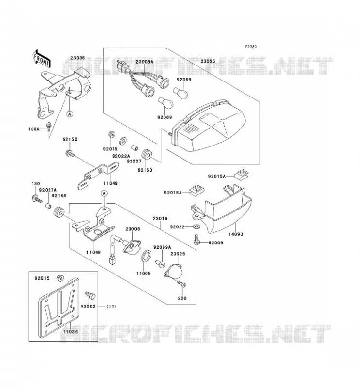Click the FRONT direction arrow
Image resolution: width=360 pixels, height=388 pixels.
point(41,58)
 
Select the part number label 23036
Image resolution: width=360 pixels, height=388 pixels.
point(78,58)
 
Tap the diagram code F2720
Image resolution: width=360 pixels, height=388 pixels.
point(251,47)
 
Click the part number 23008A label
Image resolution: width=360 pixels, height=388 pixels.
point(145,62)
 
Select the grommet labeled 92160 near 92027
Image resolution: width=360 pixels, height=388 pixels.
point(147,155)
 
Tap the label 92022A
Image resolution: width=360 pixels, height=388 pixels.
point(121,156)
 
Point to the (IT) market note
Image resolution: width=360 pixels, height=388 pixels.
point(111,307)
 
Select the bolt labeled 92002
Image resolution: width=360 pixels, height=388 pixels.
point(90,295)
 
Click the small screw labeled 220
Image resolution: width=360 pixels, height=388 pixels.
point(181,284)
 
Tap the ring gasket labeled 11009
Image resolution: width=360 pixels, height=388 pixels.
point(147,256)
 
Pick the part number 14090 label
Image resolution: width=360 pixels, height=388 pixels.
point(235,234)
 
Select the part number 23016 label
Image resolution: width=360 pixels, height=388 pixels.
point(160,219)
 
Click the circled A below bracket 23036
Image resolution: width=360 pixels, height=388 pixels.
point(70,114)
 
